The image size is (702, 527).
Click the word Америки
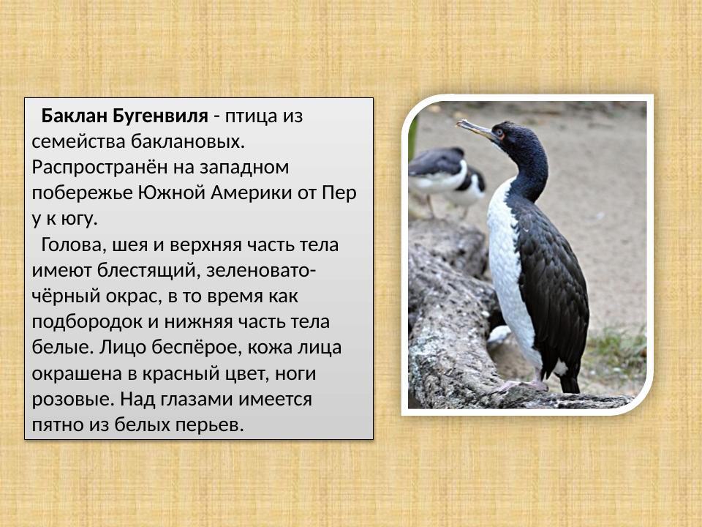[252, 193]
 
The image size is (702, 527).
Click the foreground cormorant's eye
[500, 134]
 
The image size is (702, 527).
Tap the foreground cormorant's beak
[475, 129]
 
